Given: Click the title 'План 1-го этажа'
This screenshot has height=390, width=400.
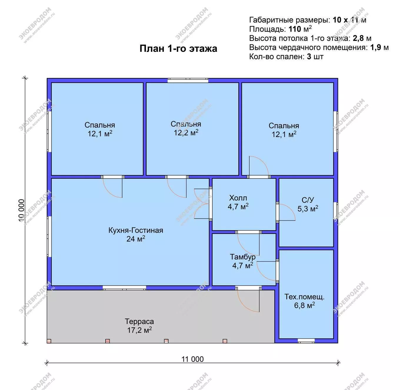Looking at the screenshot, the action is click(x=178, y=49).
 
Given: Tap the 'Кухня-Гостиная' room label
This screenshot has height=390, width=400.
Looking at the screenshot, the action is click(x=136, y=230).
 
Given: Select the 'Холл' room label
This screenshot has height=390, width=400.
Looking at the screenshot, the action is click(x=238, y=198).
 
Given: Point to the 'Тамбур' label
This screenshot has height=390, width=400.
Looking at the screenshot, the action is click(x=243, y=257).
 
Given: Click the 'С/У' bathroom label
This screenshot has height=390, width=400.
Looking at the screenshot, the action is click(x=308, y=200).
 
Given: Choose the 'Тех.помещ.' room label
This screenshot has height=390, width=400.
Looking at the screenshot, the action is click(x=304, y=297).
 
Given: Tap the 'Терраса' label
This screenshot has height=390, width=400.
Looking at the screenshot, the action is click(x=139, y=321).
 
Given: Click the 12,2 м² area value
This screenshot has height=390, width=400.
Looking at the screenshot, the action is click(x=186, y=133).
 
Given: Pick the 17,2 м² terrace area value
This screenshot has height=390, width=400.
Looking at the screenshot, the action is click(x=139, y=330).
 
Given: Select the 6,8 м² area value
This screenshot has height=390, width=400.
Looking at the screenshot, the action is click(x=304, y=305).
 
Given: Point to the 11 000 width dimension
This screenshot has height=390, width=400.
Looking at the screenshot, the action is click(x=192, y=359).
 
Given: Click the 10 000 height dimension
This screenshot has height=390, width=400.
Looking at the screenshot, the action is click(x=21, y=210).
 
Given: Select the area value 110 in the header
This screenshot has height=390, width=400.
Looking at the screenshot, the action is click(x=295, y=29).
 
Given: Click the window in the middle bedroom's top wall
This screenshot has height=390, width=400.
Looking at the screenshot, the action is click(x=188, y=80).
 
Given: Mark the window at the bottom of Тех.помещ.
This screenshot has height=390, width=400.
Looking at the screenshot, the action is click(x=306, y=341).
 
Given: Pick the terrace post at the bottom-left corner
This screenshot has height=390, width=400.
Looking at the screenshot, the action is click(x=49, y=341).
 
